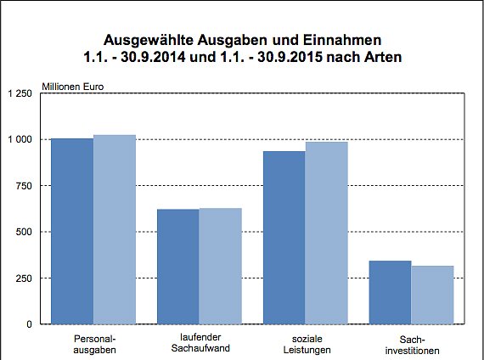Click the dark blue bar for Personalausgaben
click(x=72, y=231)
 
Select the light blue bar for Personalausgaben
click(x=115, y=229)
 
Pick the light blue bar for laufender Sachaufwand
click(x=221, y=266)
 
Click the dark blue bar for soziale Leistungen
click(x=284, y=238)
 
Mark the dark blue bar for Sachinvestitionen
click(x=391, y=292)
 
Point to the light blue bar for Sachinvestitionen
click(x=433, y=295)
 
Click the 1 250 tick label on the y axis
click(x=20, y=93)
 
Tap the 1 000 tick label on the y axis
click(x=20, y=139)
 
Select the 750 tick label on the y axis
click(x=25, y=186)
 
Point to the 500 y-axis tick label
click(x=25, y=232)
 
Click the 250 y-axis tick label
click(x=25, y=278)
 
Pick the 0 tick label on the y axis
click(x=30, y=324)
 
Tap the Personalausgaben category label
click(x=93, y=344)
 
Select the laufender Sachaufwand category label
click(x=200, y=344)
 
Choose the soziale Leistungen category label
click(x=306, y=344)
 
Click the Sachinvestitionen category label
click(x=412, y=344)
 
